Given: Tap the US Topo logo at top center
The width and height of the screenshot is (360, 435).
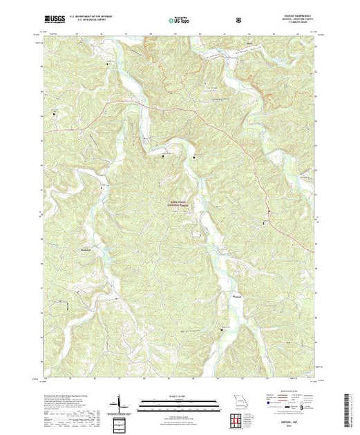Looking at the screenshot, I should tap(176, 21).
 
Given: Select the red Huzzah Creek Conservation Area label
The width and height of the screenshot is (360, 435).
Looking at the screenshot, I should tap(178, 204).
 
